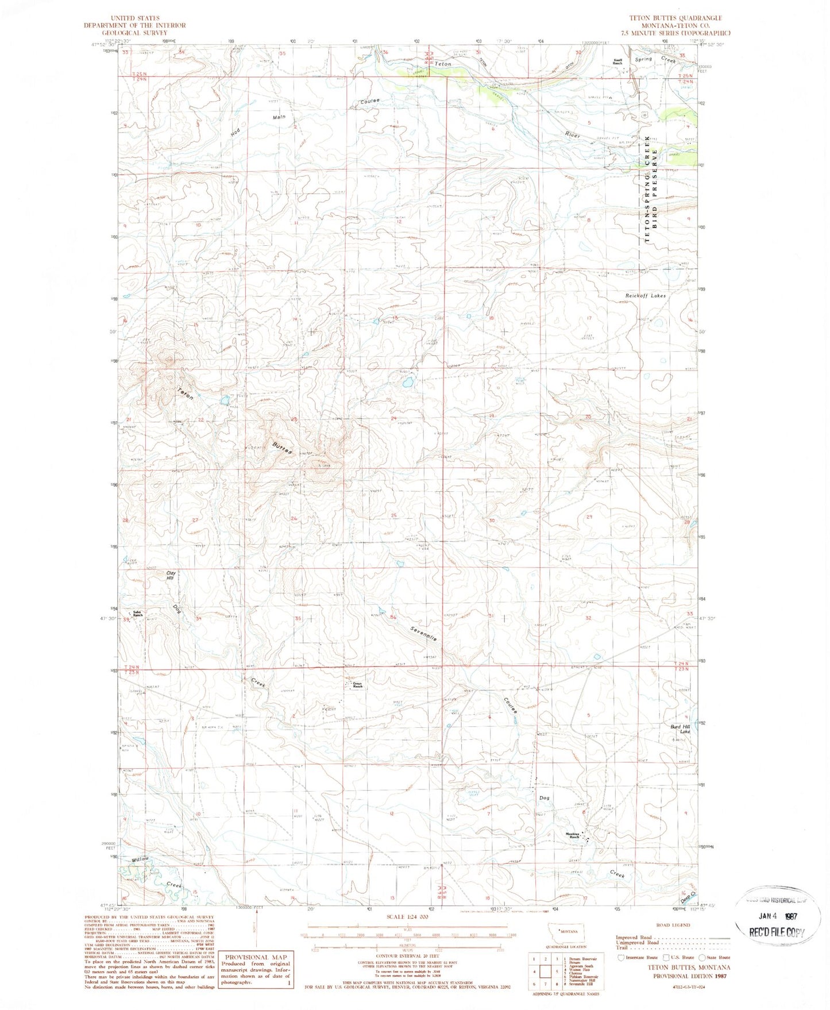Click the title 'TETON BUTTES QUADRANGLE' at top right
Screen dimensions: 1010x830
point(675,18)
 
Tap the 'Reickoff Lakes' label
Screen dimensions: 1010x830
point(645,296)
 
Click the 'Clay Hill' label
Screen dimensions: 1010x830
point(170,576)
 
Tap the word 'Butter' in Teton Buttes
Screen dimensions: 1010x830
point(282,449)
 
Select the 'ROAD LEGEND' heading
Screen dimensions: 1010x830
point(673,925)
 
